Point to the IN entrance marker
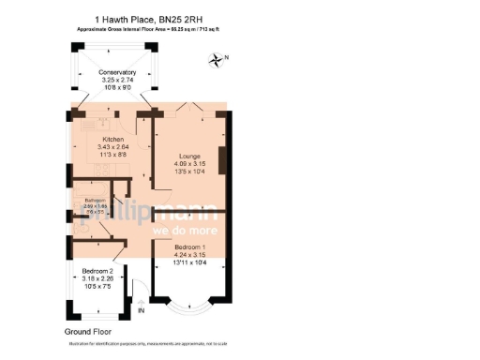point(142,310)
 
